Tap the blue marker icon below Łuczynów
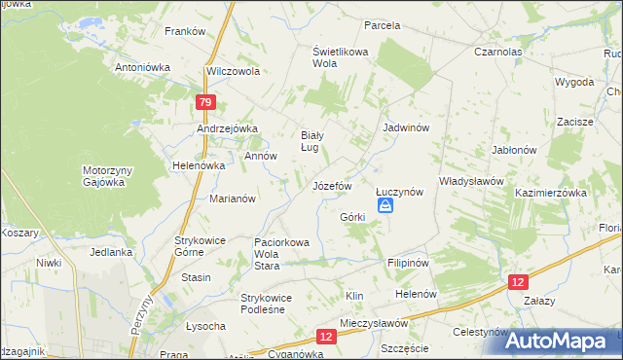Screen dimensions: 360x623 point(386,205)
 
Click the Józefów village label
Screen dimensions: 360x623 point(331,185)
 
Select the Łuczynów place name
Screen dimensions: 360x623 point(399,192)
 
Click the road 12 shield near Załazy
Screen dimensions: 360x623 point(519,280)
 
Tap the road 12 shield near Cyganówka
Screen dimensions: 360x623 point(326,337)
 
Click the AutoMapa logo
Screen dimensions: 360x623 point(562,341)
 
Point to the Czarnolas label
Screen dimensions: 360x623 point(499,52)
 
